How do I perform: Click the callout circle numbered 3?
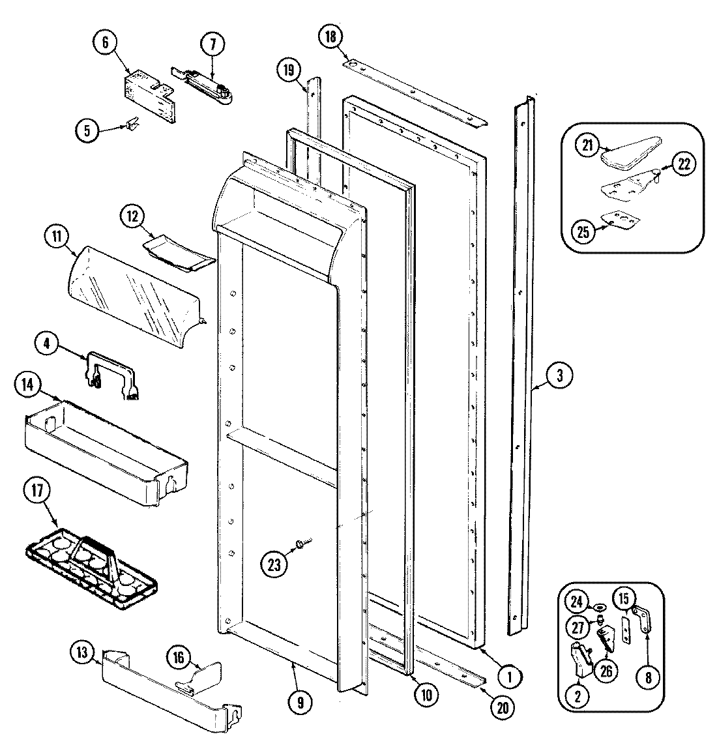pos(559,375)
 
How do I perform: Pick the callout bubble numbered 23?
pos(274,563)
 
